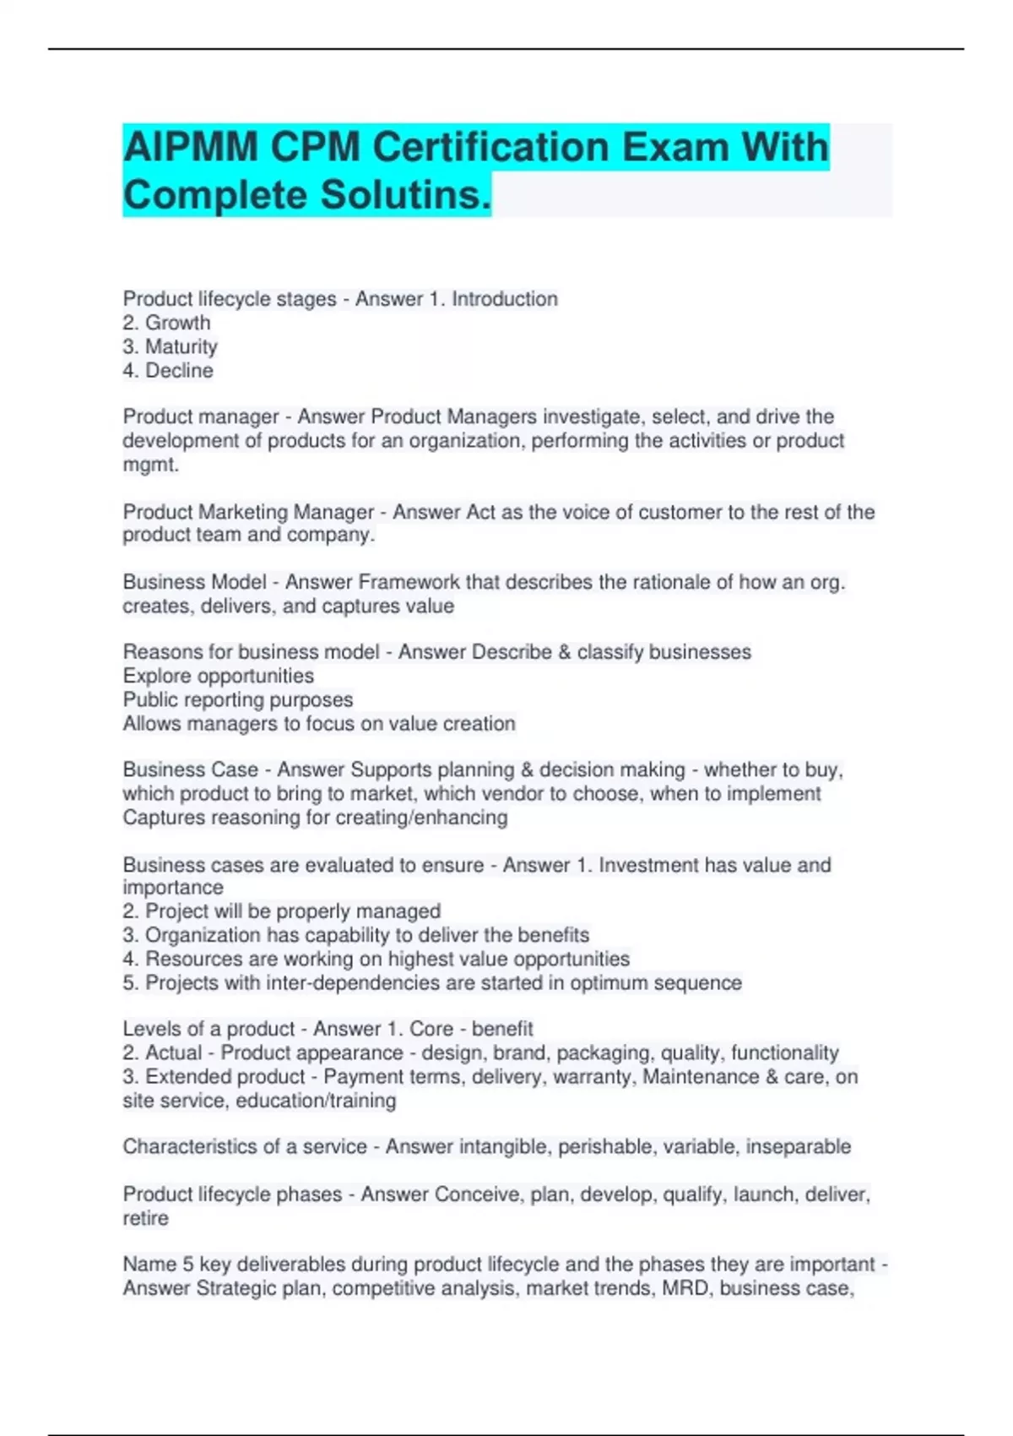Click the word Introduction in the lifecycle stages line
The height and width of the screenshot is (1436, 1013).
click(504, 299)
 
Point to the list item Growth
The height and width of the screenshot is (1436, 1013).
click(177, 323)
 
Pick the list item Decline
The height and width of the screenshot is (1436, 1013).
click(179, 371)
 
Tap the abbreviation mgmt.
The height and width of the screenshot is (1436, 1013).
click(150, 465)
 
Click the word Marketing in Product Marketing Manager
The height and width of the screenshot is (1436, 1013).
click(243, 512)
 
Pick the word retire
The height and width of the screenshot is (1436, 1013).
click(145, 1218)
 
